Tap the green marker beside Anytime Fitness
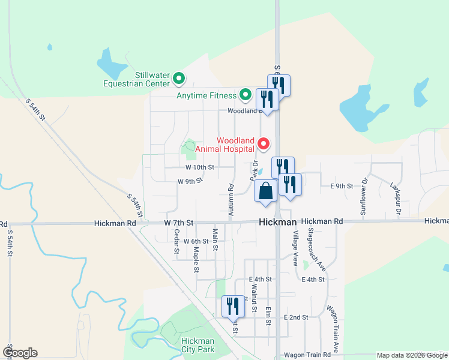tap(245, 95)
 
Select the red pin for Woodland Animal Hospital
tap(263, 144)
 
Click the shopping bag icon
tap(265, 191)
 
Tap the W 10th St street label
tap(200, 167)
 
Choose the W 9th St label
tap(190, 181)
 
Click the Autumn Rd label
tap(231, 200)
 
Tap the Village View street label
tap(295, 248)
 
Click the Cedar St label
tap(176, 241)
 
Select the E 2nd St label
tap(296, 317)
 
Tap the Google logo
tap(20, 353)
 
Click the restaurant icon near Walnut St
tap(232, 307)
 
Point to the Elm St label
tap(268, 314)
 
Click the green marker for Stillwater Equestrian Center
tap(178, 78)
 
